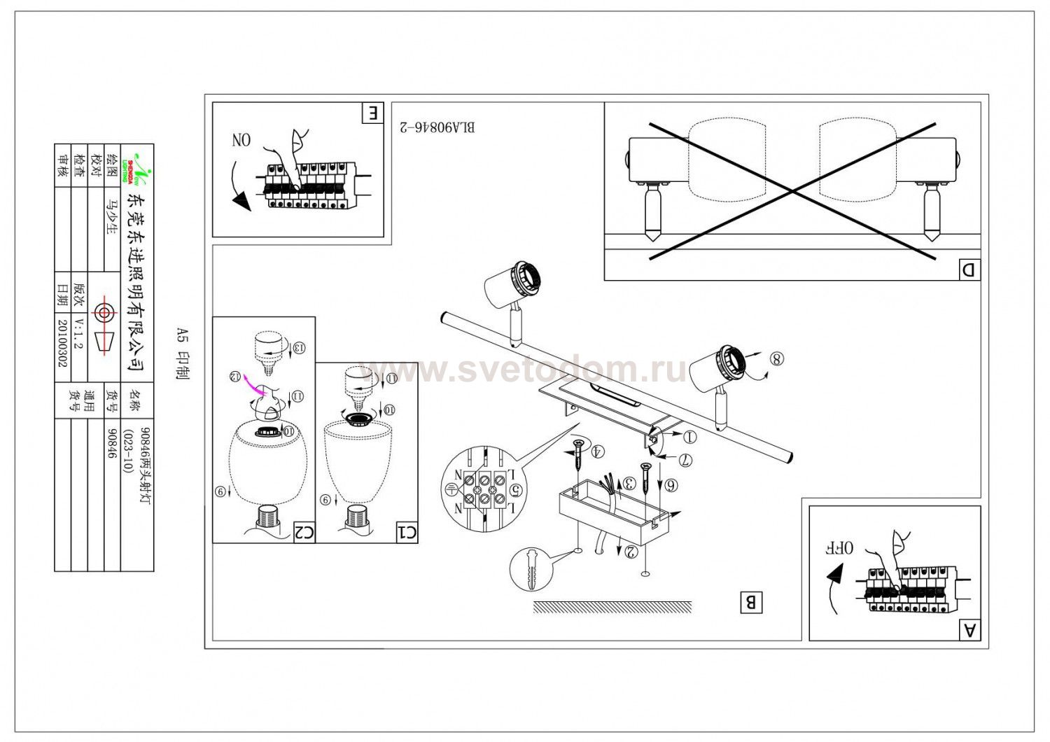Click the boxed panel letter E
(x=373, y=113)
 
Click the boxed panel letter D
(x=969, y=269)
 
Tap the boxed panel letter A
(x=970, y=630)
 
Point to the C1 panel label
(x=407, y=533)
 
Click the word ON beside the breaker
(x=241, y=140)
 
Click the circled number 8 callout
(x=776, y=358)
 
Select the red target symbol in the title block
(x=104, y=312)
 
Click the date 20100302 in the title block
(x=63, y=344)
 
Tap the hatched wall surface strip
(x=612, y=607)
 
